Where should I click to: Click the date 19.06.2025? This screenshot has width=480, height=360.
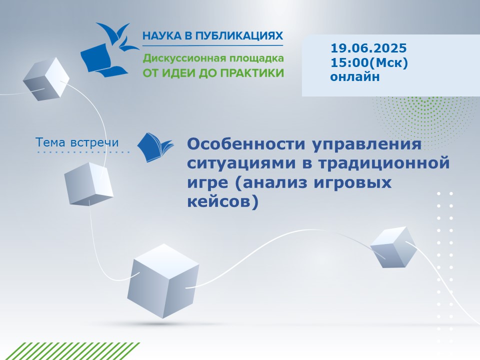point(368,48)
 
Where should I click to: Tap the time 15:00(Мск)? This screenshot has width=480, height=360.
point(369,62)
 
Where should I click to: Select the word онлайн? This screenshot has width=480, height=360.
point(355,76)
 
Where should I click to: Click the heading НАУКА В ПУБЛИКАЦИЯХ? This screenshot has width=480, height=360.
point(213,36)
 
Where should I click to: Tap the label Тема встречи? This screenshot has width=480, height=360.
point(77,142)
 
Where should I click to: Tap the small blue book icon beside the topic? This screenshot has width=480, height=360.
point(155,147)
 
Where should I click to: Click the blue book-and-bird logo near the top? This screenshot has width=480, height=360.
point(109,49)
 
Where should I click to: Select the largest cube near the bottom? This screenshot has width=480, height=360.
point(163,280)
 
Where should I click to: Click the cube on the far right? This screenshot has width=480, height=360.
point(393,247)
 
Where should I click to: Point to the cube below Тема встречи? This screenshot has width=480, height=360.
point(88,183)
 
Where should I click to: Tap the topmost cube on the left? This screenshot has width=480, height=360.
point(46,79)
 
